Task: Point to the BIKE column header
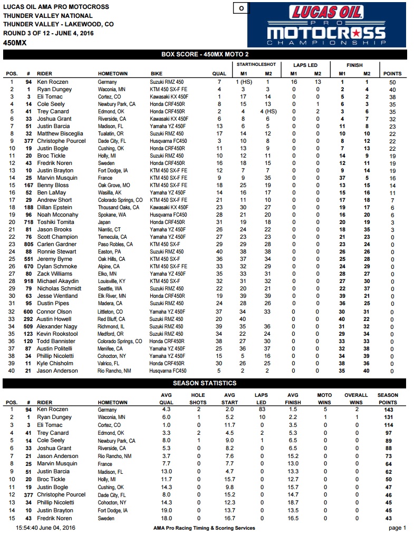157,74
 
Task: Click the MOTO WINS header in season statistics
324,398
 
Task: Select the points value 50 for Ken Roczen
392,82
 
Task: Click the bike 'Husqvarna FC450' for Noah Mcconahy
168,215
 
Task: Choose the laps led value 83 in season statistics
261,410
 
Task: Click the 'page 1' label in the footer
397,528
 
